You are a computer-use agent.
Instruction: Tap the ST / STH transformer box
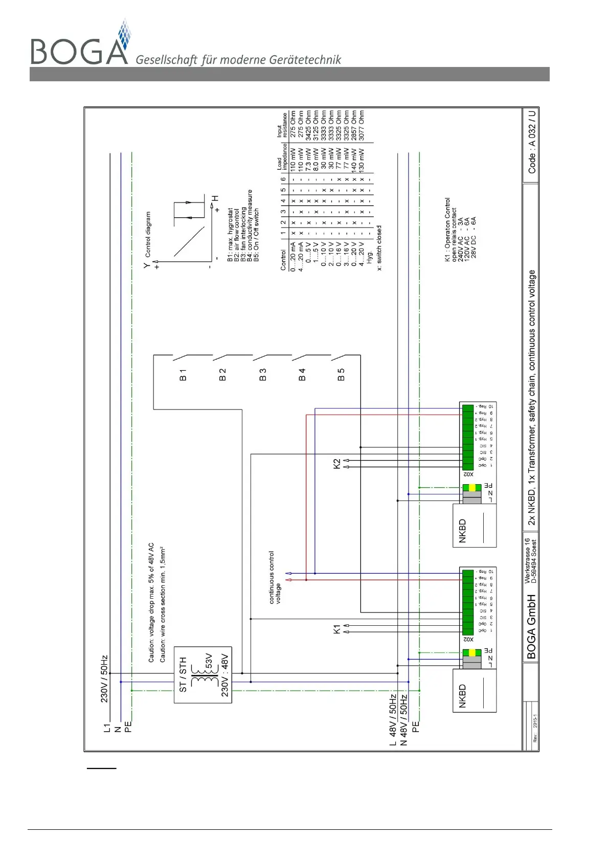point(202,674)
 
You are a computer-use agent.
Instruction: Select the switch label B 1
point(183,375)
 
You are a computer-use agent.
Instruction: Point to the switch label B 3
point(262,375)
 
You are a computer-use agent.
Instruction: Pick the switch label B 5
point(341,375)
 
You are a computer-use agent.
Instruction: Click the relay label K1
point(336,628)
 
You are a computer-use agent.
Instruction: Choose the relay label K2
point(336,464)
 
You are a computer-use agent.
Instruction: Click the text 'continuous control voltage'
point(275,577)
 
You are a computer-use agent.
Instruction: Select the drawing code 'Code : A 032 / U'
point(532,142)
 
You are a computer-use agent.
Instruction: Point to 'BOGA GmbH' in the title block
point(531,626)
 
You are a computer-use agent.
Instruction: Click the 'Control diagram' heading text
point(148,234)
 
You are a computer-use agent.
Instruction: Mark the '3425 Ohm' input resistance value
point(308,125)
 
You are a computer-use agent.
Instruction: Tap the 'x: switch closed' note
point(379,248)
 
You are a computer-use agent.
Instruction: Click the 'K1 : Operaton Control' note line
point(447,230)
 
